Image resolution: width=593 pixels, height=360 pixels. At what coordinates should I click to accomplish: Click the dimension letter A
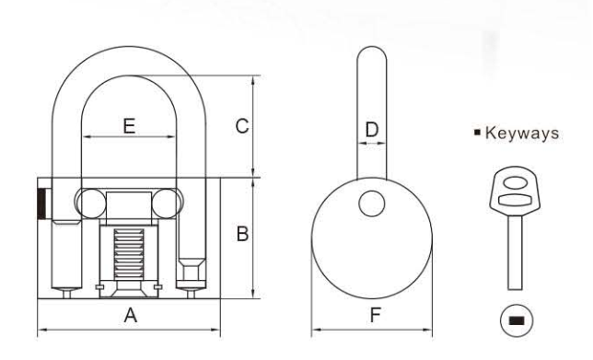[131, 316]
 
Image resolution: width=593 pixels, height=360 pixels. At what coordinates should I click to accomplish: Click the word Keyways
[524, 134]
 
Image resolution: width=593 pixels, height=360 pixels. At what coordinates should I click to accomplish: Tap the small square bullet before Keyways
[478, 134]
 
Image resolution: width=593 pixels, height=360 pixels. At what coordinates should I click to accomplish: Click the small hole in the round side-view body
[371, 203]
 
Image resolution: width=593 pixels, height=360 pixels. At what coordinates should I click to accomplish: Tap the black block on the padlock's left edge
[41, 203]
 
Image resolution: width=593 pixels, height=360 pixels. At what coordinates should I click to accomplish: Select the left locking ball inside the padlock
[90, 202]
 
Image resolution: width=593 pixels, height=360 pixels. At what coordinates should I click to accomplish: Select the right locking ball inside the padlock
[169, 202]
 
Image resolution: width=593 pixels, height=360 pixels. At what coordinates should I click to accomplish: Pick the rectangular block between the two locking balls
[129, 203]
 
